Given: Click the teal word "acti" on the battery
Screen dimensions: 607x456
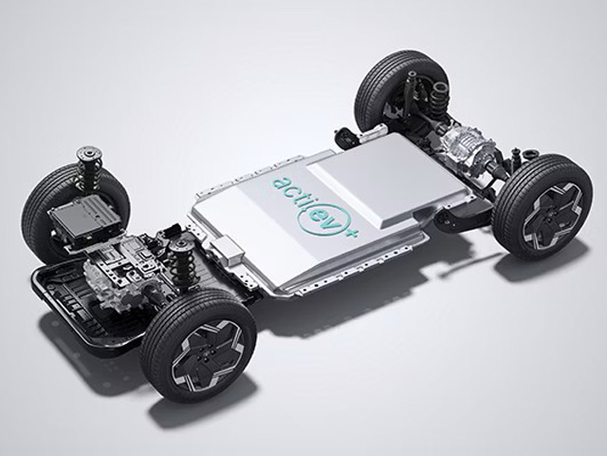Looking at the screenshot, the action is pyautogui.click(x=286, y=191).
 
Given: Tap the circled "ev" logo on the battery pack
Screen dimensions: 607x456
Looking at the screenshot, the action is pyautogui.click(x=316, y=219).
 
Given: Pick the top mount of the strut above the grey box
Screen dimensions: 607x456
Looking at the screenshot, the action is pyautogui.click(x=88, y=152).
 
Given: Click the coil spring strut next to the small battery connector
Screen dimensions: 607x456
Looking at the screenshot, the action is pyautogui.click(x=179, y=260).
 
